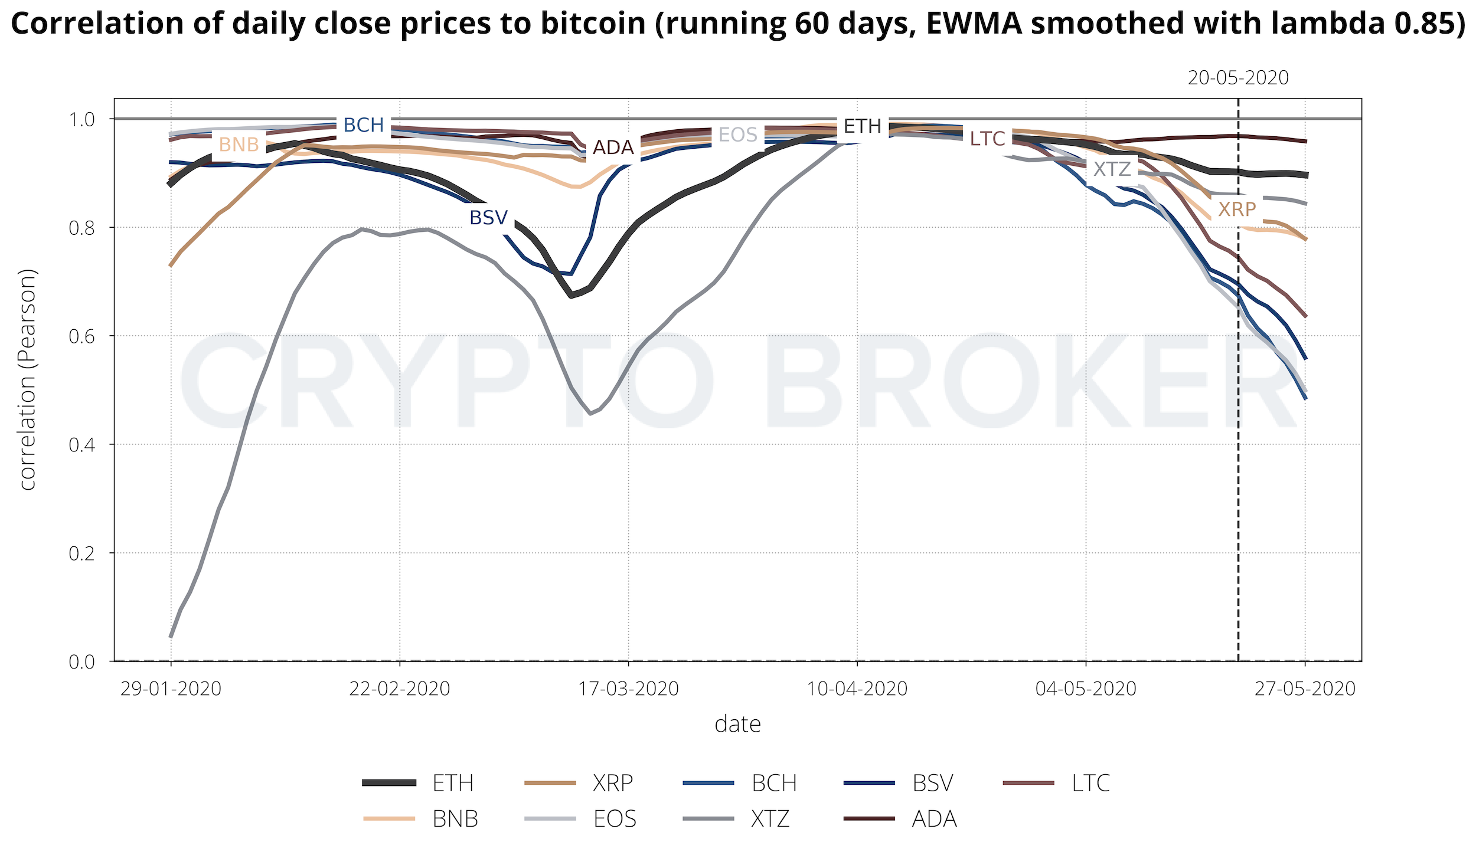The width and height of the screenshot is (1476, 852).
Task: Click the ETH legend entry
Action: pos(453,783)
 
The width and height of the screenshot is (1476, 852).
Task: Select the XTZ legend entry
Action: pos(770,818)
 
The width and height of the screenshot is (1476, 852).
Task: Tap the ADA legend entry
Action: pos(934,818)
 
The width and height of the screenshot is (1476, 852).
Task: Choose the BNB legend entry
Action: pos(455,818)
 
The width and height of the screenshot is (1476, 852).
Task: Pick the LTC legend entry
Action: pos(1090,783)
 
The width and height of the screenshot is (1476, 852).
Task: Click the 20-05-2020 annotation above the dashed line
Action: pos(1238,78)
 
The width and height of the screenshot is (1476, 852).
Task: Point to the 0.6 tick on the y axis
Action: pos(81,336)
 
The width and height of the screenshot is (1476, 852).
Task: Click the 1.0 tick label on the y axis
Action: pos(81,119)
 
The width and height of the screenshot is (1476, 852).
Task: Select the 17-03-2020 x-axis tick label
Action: pos(628,689)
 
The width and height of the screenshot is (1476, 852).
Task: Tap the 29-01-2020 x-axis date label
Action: pos(171,689)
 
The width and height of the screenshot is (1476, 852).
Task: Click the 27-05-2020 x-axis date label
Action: pos(1305,689)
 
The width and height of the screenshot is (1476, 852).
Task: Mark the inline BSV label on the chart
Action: pos(488,218)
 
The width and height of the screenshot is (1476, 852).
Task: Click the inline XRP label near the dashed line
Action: pos(1237,209)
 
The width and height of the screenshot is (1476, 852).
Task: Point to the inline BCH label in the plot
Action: pos(364,125)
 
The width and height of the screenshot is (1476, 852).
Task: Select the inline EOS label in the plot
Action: pos(737,135)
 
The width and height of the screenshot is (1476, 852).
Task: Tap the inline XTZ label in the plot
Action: pos(1112,169)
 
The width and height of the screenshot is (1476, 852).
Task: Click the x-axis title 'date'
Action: pos(737,724)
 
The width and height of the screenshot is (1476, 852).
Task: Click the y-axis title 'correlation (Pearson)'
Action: pos(28,379)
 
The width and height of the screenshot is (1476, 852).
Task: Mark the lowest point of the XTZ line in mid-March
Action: pos(590,414)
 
